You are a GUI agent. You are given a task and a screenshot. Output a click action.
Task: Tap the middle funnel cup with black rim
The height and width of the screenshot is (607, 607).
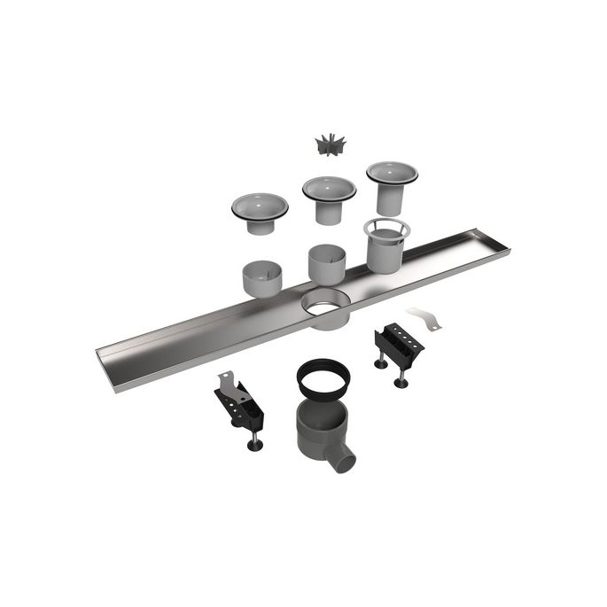point(329,197)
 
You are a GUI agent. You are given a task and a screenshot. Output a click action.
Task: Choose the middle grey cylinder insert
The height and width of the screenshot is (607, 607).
point(327,263)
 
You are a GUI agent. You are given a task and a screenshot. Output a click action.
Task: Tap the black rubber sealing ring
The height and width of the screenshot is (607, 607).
point(323,376)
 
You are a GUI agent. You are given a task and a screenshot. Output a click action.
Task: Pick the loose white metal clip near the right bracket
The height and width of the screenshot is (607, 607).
point(423,317)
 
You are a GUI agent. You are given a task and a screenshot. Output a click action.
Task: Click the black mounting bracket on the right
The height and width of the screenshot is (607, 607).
point(398,345)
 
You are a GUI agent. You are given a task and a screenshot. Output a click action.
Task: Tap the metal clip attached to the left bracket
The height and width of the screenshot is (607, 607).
point(229,383)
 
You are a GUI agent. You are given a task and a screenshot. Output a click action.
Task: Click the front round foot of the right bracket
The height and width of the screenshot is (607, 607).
point(401,382)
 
